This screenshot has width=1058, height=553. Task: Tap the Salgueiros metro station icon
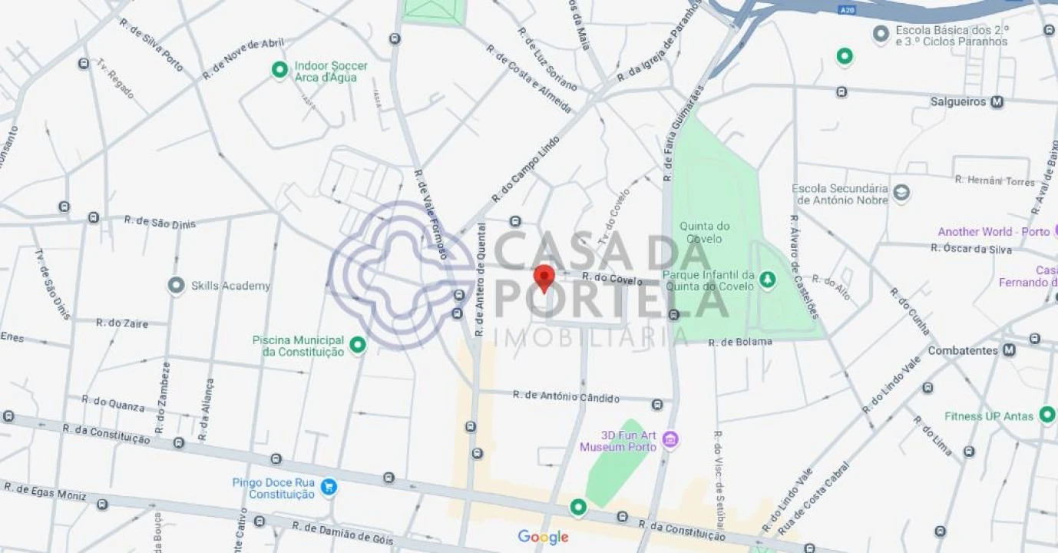point(997,101)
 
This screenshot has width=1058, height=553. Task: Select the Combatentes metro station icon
point(1009,350)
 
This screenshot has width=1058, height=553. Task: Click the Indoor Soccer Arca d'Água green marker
point(280,70)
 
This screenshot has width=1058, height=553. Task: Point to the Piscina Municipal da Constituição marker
point(357,346)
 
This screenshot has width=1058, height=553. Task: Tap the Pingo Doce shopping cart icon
point(329,487)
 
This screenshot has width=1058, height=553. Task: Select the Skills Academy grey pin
point(176,286)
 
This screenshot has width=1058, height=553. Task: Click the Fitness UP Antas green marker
point(1046,415)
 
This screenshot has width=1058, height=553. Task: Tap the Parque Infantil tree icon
point(766,281)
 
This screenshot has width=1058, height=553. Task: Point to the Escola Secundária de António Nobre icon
point(901,193)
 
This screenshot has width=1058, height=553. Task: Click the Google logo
point(543,537)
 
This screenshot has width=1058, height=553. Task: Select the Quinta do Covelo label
point(704,232)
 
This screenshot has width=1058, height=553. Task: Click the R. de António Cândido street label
point(577,396)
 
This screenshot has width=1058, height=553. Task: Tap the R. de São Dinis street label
point(160,222)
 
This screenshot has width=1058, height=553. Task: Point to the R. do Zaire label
point(121,323)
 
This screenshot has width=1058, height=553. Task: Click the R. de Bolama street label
point(740,342)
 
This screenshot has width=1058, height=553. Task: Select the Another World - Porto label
point(994,232)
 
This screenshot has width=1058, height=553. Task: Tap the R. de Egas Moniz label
point(45,491)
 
